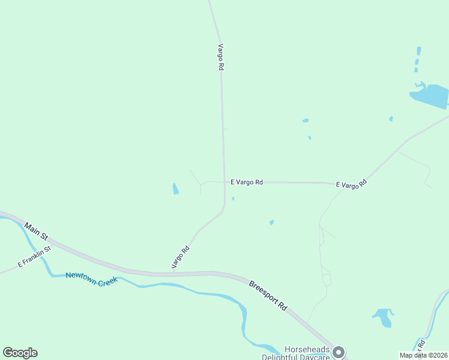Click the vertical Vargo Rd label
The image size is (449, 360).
click(x=221, y=58)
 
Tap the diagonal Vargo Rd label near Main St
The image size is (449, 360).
click(x=180, y=257)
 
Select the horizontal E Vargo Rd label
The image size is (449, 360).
click(x=247, y=182)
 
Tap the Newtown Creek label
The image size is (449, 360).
click(x=91, y=278)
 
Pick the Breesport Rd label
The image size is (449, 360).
click(x=268, y=294)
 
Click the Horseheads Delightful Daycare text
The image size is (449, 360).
click(x=297, y=353)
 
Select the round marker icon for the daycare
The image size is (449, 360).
click(x=339, y=352)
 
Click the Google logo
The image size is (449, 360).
click(x=20, y=353)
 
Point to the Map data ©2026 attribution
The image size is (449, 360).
click(x=424, y=355)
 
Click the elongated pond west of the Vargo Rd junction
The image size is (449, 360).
click(x=175, y=189)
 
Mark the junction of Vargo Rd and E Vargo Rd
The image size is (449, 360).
click(x=224, y=182)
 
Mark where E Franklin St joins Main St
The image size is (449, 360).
click(x=53, y=245)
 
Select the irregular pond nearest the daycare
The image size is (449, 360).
click(x=382, y=316)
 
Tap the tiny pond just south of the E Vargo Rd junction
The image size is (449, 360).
click(x=232, y=199)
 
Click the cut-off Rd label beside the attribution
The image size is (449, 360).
click(x=421, y=345)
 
